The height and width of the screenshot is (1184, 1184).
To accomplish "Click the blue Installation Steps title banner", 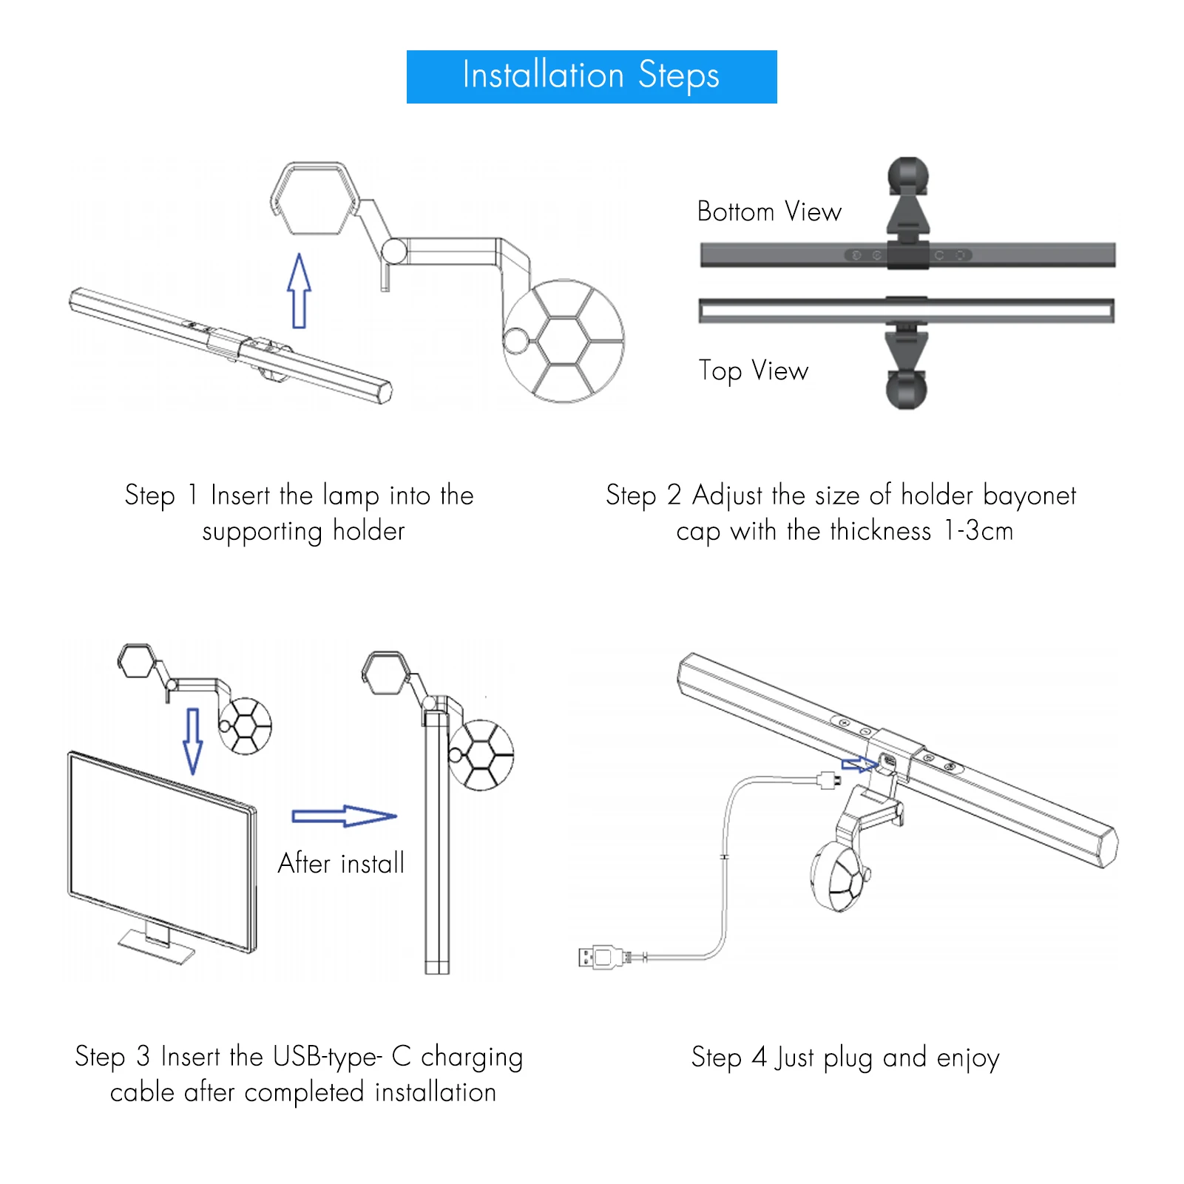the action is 592,77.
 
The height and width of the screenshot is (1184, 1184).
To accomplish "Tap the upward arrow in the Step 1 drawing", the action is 299,291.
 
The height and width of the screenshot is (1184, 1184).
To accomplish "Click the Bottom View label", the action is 769,212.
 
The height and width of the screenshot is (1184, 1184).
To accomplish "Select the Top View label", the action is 754,371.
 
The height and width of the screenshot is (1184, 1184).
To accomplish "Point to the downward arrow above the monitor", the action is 193,741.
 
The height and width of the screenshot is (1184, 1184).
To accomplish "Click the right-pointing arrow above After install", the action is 345,816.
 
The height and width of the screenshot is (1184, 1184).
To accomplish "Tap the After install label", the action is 341,863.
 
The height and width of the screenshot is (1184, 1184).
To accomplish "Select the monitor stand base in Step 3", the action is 157,947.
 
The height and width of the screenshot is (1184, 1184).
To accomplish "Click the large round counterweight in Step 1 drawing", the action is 564,341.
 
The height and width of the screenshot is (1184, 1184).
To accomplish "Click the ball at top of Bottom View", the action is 908,175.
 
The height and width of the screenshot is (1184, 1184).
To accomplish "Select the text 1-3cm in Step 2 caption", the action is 978,531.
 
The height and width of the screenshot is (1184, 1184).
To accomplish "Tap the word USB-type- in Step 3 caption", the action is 328,1058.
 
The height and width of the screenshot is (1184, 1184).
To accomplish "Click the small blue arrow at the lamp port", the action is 858,764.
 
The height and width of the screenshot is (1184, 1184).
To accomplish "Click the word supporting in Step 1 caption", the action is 263,532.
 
